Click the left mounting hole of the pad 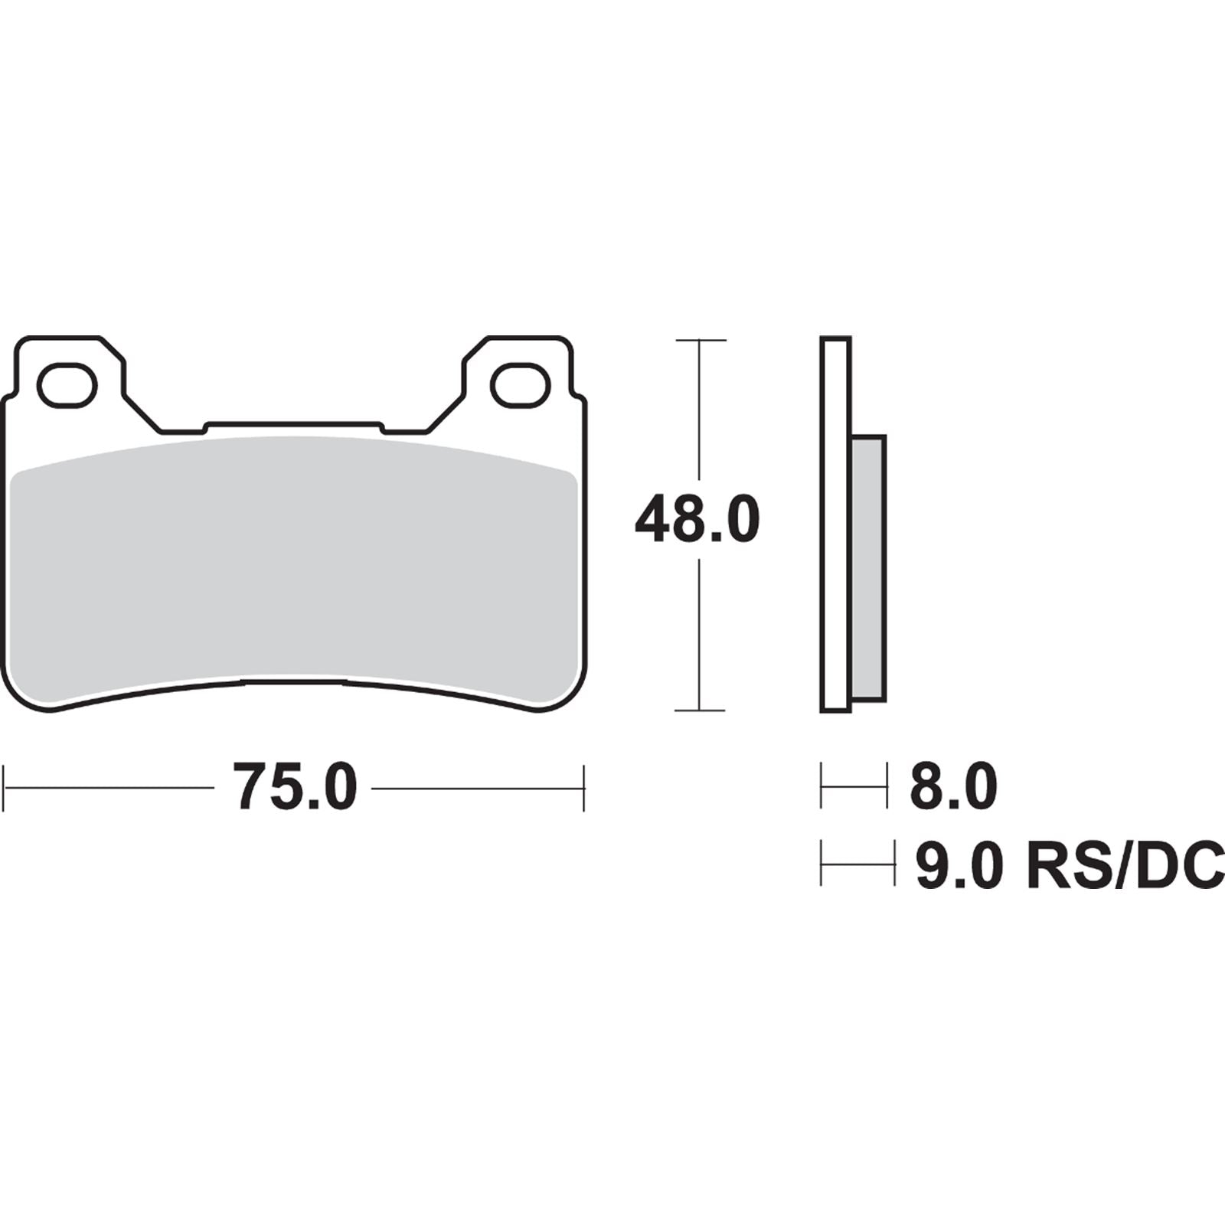click(x=67, y=387)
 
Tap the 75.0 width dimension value click(x=296, y=786)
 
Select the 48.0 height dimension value click(x=697, y=520)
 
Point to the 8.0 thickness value click(x=953, y=786)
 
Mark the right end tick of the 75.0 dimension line click(x=584, y=787)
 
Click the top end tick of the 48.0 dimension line click(x=700, y=340)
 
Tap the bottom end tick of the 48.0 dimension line click(x=700, y=710)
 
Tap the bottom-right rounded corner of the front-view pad click(x=567, y=697)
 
